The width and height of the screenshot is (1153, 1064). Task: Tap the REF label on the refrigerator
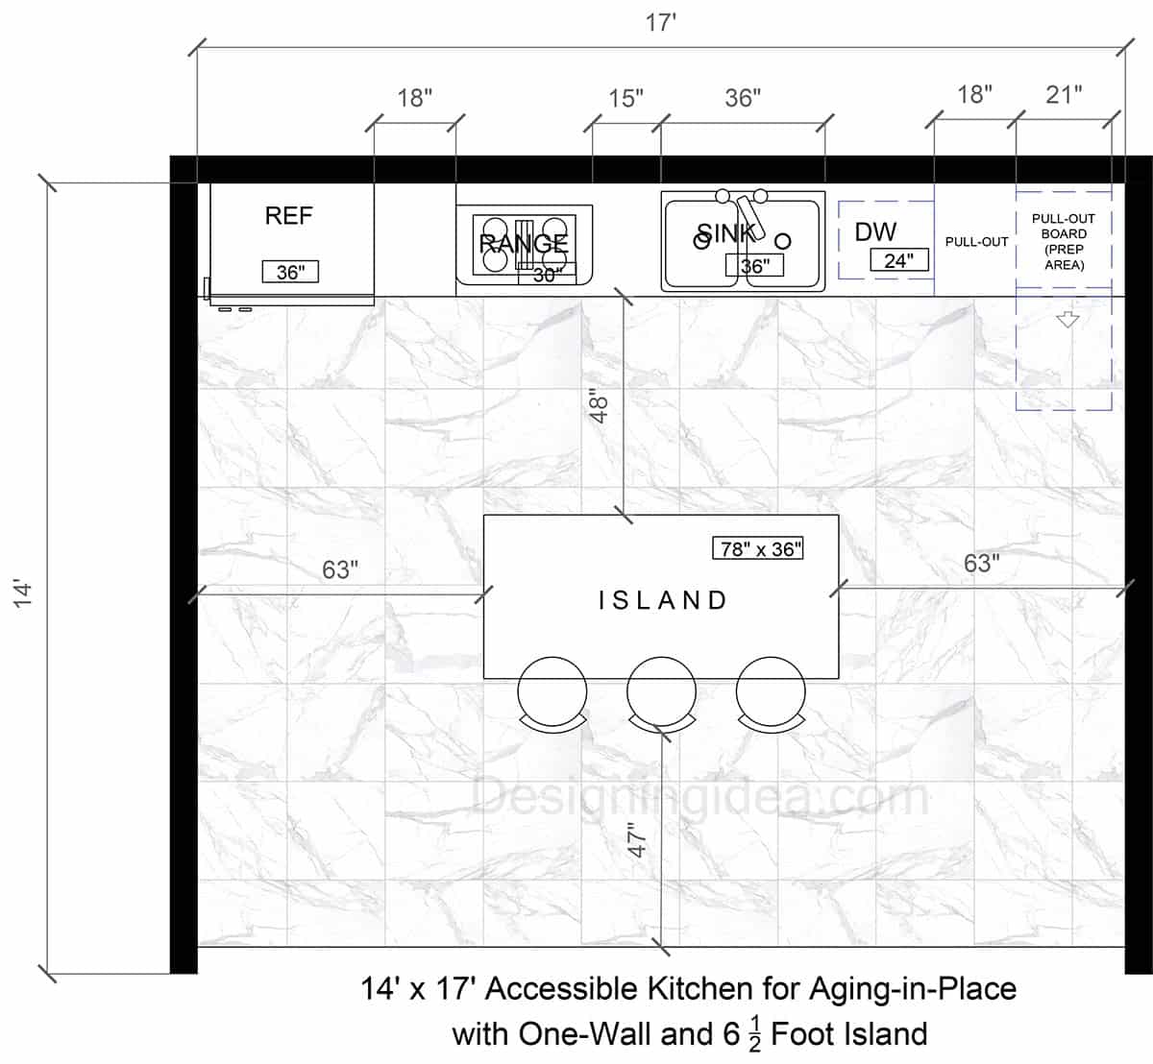click(x=288, y=216)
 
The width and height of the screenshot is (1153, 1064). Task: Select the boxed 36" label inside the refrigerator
click(x=290, y=272)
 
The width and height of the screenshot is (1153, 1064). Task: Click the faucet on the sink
click(x=748, y=215)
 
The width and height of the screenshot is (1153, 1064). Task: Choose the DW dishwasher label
click(x=875, y=231)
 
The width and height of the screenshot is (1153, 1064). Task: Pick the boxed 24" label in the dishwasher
click(x=899, y=259)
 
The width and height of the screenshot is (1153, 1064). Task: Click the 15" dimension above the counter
click(x=626, y=98)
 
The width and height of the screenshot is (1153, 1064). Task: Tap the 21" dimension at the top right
click(x=1064, y=94)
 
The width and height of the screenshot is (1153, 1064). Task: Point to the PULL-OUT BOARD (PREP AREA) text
click(x=1064, y=241)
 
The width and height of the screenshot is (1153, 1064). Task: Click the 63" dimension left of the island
click(x=340, y=569)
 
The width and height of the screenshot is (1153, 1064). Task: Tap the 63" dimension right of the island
click(x=981, y=563)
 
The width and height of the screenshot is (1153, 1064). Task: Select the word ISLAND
click(x=663, y=600)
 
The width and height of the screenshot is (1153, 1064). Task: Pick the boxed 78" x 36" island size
click(x=758, y=548)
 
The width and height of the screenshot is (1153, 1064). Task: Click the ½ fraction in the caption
click(x=754, y=1035)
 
